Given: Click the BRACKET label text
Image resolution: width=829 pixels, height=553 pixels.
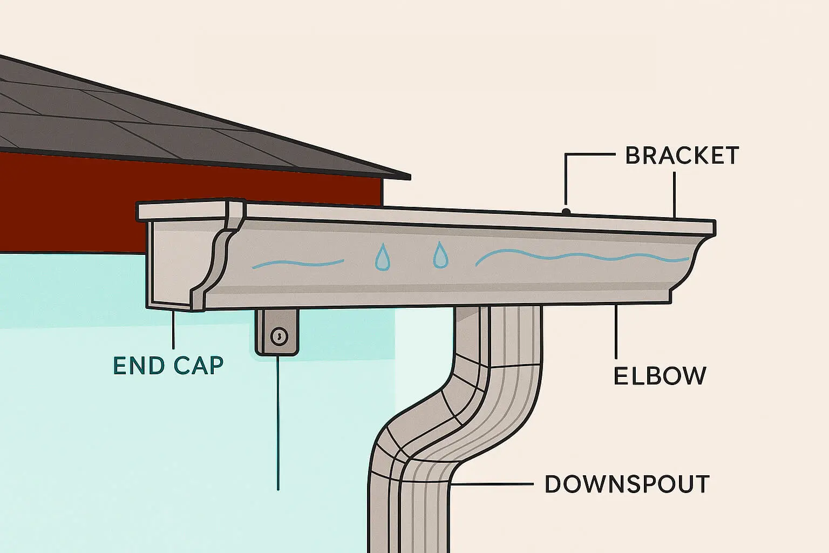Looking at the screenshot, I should point(681,156).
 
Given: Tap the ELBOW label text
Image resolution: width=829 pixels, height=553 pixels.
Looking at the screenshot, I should point(660,376).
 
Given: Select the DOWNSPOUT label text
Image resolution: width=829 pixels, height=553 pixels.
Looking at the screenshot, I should point(627,484).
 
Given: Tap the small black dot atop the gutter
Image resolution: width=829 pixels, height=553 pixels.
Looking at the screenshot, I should point(566,211).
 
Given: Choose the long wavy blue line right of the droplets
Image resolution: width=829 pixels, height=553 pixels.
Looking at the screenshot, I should point(583,256).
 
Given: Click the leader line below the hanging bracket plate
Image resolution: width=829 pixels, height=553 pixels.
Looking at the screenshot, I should point(278,421).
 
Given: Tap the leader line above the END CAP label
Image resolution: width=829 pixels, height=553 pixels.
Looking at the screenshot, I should point(173,329).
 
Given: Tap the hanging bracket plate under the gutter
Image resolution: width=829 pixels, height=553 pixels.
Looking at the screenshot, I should point(277,332).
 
